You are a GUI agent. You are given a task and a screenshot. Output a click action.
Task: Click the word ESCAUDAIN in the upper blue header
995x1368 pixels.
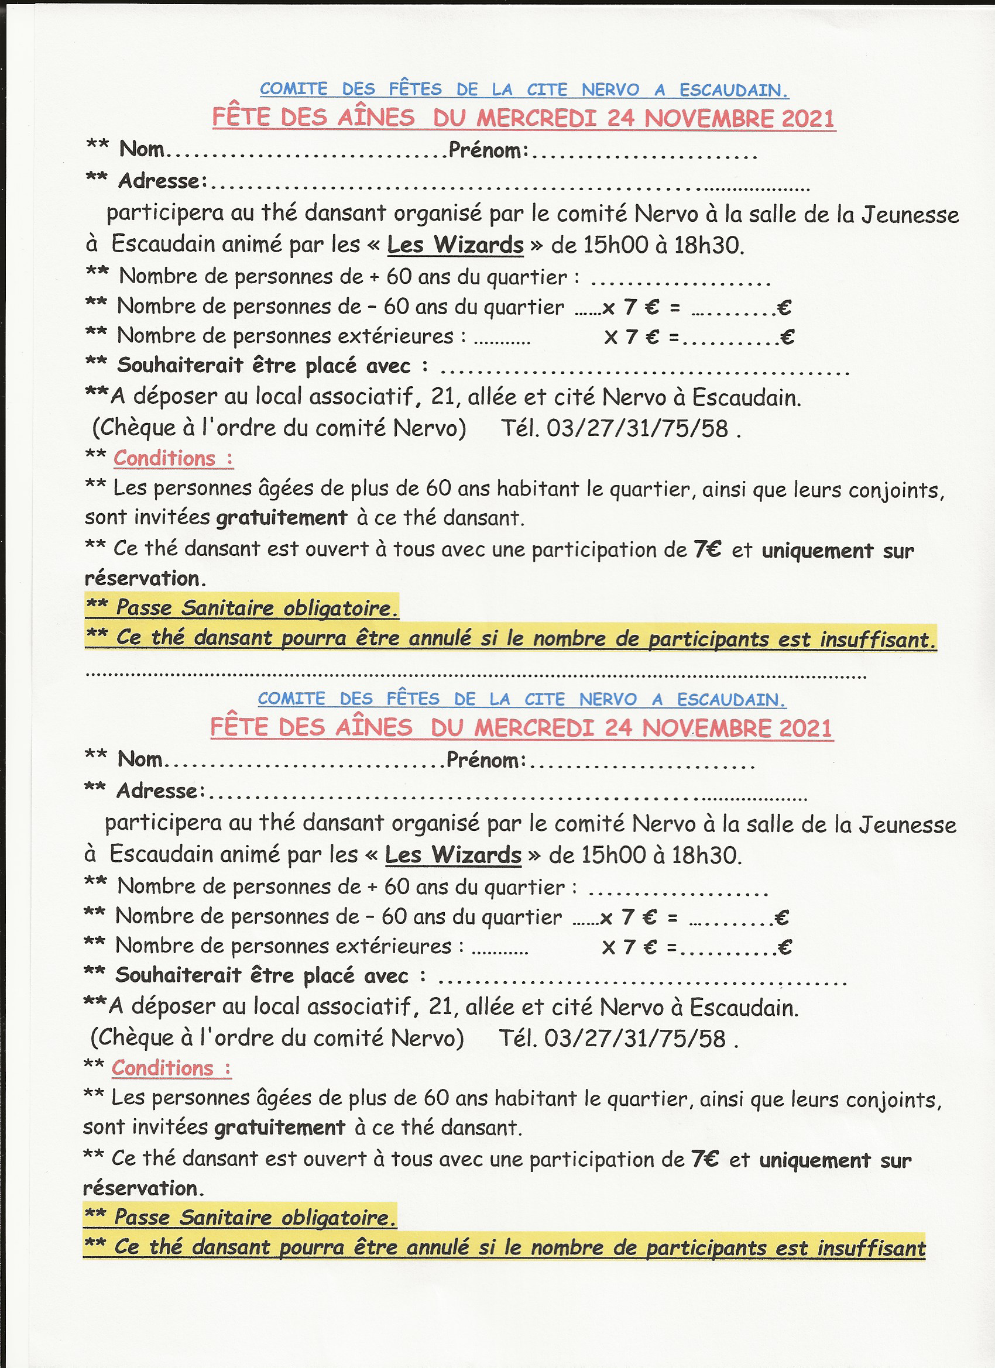coord(733,90)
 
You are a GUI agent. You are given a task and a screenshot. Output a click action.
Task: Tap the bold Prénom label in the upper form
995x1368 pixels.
coord(488,150)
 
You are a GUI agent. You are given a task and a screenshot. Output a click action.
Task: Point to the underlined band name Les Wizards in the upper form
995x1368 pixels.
coord(455,245)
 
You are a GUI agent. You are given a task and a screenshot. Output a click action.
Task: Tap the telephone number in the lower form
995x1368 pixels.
coord(635,1038)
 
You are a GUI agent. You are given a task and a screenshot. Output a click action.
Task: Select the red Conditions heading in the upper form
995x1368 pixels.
coord(164,458)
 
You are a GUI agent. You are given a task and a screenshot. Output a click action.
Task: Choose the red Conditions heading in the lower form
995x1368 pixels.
coord(162,1068)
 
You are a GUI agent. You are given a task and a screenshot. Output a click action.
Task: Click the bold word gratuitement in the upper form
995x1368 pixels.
coord(282,517)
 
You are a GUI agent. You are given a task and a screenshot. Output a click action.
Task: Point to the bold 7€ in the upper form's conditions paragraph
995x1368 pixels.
coord(707,549)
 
